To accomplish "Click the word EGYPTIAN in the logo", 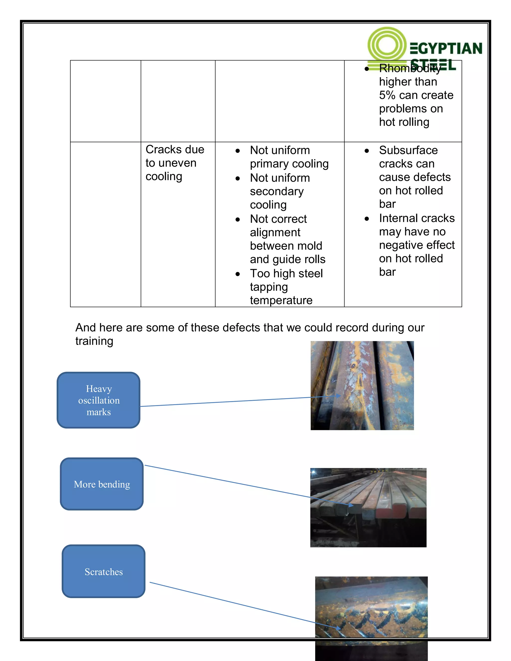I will coord(446,49).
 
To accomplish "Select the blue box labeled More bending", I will coord(102,484).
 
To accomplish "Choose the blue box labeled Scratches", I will coord(104,572).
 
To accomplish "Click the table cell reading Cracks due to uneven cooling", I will coord(175,163).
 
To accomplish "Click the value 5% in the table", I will coord(387,95).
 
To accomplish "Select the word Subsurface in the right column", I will coord(408,150).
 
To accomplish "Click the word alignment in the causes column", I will coord(275,232).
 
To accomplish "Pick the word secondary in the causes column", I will coord(277,192).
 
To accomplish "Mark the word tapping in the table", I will coord(268,287).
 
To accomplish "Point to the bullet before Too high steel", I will coord(238,274).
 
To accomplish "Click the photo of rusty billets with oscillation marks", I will coord(362,385).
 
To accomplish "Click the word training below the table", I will coord(94,341).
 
